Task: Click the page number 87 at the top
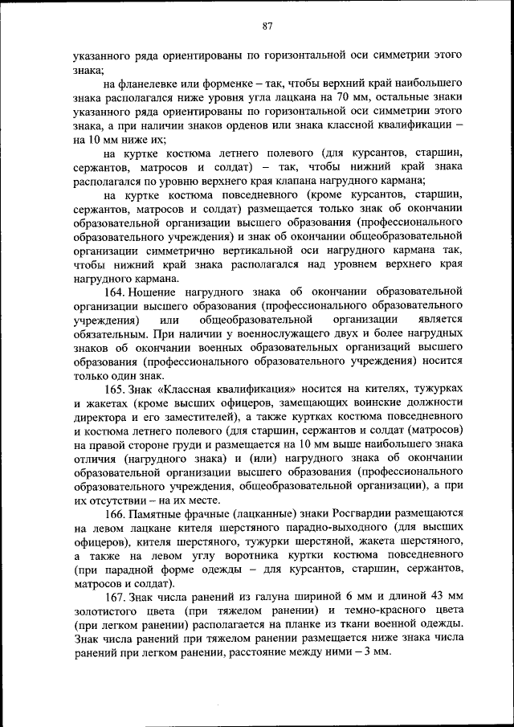tap(267, 27)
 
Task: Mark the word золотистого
tap(103, 612)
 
